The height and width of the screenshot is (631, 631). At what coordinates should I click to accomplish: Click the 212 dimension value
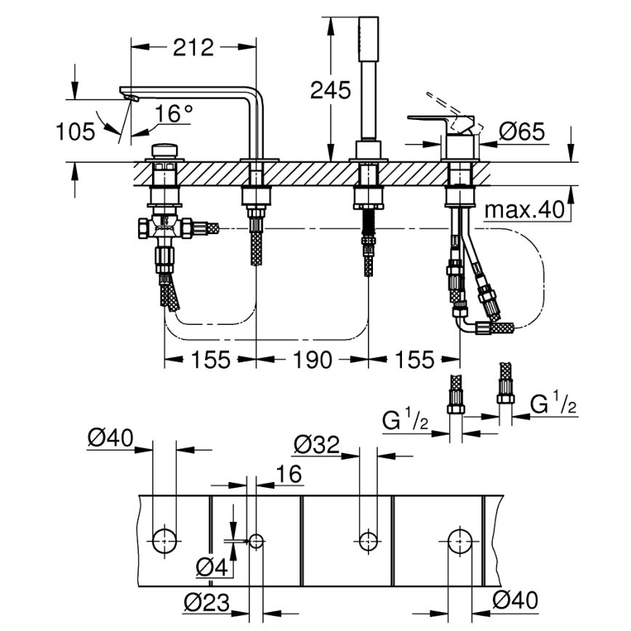click(x=194, y=47)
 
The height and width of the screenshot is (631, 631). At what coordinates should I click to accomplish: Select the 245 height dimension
click(x=330, y=90)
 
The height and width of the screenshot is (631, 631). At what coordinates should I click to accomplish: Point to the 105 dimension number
click(x=76, y=132)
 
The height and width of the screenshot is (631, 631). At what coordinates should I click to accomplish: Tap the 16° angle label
click(x=174, y=113)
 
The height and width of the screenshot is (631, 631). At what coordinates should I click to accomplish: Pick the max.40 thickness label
click(x=524, y=211)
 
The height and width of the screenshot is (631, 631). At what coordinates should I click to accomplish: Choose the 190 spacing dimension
click(x=313, y=359)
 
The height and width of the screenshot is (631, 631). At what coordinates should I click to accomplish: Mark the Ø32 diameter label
click(x=316, y=444)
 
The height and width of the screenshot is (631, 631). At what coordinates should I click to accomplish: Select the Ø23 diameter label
click(x=205, y=602)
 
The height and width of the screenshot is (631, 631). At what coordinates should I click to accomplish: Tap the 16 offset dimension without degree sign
click(x=289, y=474)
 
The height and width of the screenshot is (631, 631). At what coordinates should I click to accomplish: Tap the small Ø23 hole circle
click(x=256, y=540)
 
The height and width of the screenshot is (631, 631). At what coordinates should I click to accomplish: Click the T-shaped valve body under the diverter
click(x=166, y=228)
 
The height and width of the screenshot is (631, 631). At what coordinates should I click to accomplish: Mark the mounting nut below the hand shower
click(x=367, y=194)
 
